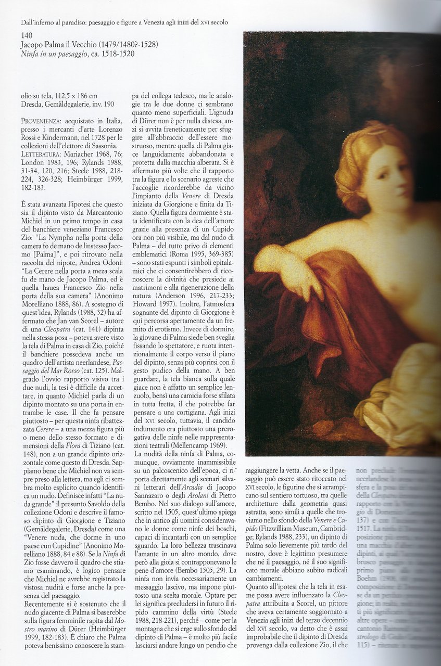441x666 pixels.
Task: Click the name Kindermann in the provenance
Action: [x=64, y=137]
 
